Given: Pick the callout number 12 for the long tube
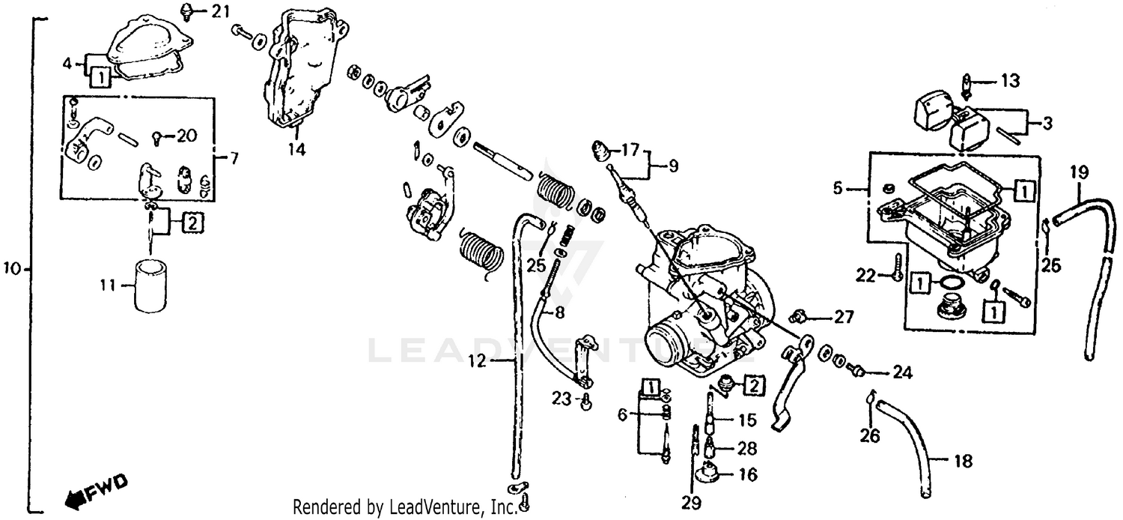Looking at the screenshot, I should point(478,362).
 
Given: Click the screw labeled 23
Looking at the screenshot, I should point(586,402).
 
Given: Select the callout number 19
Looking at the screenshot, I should point(1078,173).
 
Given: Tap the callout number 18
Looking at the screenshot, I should point(963,461).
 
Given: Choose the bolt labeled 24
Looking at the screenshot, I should point(859,371).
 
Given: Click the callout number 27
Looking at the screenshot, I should point(844,317).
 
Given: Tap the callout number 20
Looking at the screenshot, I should point(186,136).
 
